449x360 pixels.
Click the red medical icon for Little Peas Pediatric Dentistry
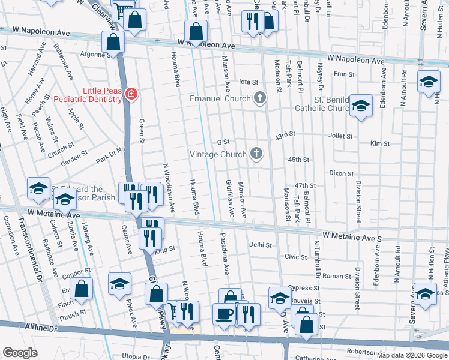click(x=131, y=94)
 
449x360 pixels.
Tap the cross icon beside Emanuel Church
click(x=259, y=98)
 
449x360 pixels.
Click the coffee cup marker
click(x=224, y=314)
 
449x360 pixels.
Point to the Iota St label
click(x=248, y=82)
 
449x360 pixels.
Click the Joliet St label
click(x=340, y=136)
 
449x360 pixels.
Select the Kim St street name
click(x=380, y=144)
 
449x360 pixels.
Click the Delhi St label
click(x=261, y=245)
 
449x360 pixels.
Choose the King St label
click(x=164, y=248)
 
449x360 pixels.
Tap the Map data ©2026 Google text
click(x=411, y=355)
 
